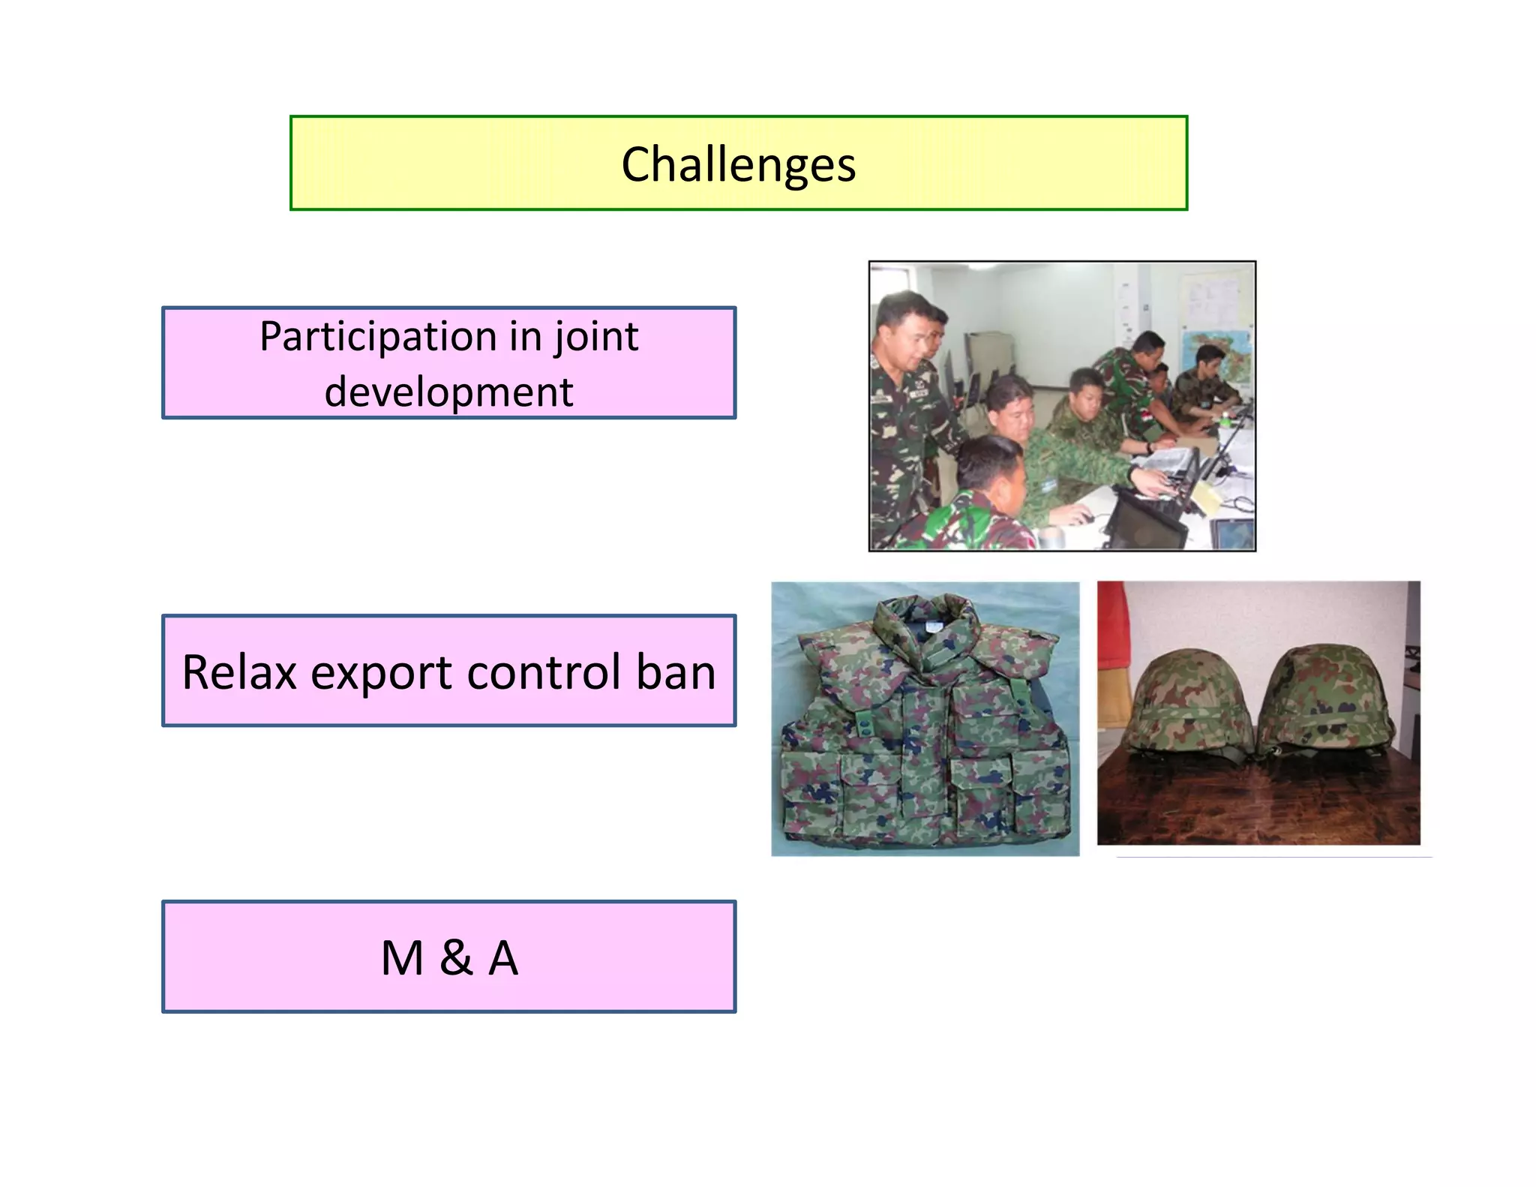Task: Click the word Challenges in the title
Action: point(738,164)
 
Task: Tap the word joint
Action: point(596,337)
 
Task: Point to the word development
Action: point(448,392)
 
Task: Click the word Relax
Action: point(239,672)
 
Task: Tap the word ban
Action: point(676,672)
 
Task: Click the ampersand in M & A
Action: point(456,958)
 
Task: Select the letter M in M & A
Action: point(403,958)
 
